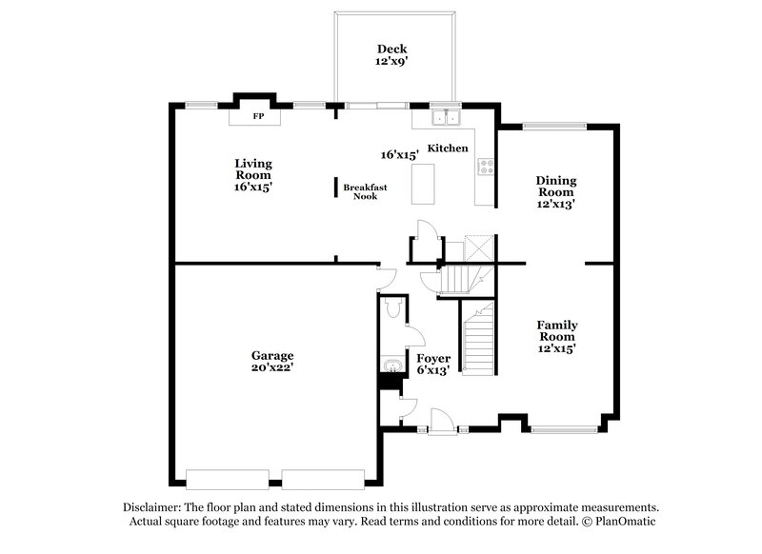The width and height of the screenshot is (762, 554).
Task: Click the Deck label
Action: point(391,49)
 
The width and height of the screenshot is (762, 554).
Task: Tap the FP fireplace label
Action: point(257,117)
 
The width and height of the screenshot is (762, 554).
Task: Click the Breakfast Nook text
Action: point(366,190)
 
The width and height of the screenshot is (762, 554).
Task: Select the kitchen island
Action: point(421,183)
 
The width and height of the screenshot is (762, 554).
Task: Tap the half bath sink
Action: point(391,366)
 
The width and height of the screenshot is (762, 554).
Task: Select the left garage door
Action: point(230,478)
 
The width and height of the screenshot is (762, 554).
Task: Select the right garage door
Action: point(324,478)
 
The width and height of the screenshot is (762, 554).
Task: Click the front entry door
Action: point(442,421)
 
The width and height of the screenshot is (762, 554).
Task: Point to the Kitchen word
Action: point(447,148)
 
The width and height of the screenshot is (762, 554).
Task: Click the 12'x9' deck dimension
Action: point(391,62)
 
